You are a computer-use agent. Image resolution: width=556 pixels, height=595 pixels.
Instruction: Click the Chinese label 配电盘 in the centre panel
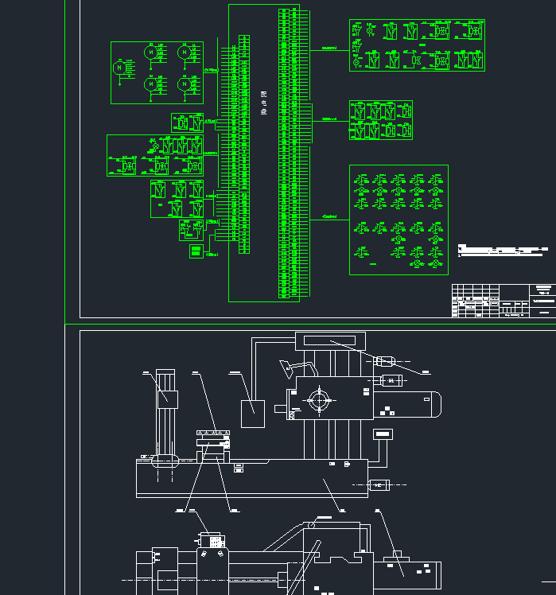point(263,103)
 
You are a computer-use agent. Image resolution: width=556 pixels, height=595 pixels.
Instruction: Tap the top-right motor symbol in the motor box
point(184,52)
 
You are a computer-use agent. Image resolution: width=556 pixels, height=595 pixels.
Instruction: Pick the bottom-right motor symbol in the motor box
point(184,84)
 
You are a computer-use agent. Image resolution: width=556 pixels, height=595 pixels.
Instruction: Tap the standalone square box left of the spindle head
point(252,413)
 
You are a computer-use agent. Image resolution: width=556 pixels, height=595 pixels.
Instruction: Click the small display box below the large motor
point(383,434)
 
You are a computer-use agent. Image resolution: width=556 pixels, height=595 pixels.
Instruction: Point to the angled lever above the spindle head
point(293,367)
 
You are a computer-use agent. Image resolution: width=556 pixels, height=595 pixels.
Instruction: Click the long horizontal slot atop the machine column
point(329,341)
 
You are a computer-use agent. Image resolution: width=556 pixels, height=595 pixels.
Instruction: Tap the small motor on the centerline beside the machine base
point(378,484)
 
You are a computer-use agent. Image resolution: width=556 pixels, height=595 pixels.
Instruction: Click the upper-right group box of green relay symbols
point(417,45)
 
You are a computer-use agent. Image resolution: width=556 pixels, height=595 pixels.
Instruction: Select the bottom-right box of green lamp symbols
point(398,220)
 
